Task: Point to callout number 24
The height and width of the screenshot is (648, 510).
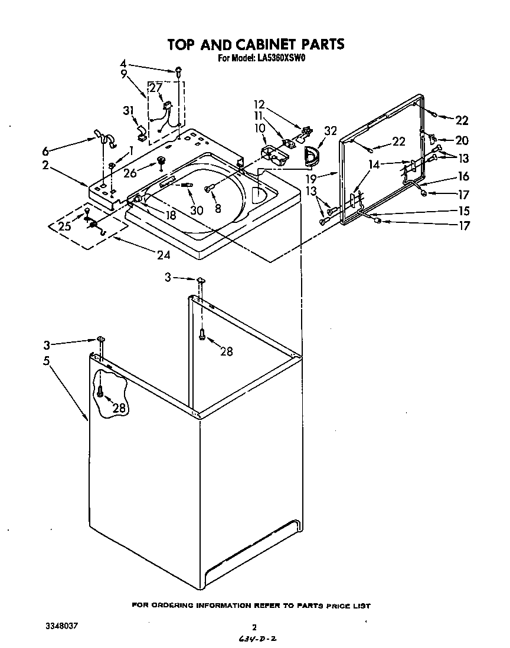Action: tap(163, 255)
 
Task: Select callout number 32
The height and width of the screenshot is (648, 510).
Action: tap(330, 131)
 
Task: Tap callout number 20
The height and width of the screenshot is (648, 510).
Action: tap(461, 140)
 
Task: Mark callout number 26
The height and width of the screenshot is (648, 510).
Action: tap(130, 173)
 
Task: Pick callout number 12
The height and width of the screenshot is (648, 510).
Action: tap(260, 105)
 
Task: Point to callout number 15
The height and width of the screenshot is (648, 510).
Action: tap(463, 210)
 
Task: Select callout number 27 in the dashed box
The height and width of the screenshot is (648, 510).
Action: tap(156, 88)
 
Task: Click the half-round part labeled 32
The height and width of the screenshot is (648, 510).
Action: tap(310, 155)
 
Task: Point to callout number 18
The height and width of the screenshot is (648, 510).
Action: tap(171, 216)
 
